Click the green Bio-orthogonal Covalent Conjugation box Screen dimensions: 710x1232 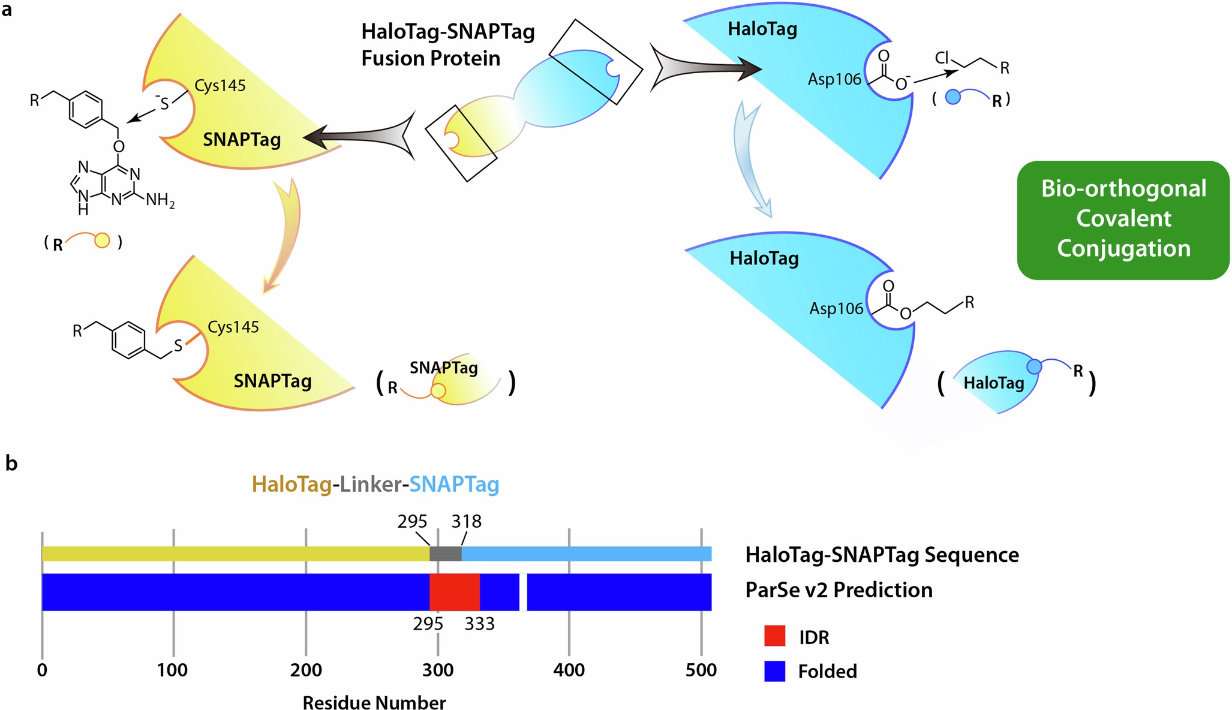(x=1123, y=219)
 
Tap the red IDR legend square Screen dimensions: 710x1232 (x=774, y=636)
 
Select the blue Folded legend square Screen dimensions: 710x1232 (x=774, y=671)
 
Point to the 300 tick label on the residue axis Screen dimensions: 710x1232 (x=437, y=670)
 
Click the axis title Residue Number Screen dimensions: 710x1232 (x=374, y=702)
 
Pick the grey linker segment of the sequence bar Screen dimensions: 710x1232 (x=446, y=554)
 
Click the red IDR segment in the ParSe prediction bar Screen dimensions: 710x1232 (x=455, y=592)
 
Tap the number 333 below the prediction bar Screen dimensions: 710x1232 (x=479, y=624)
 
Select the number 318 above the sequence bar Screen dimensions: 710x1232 (x=467, y=522)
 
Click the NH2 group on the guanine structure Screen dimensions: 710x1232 (x=160, y=200)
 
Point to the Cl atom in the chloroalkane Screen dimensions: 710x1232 (x=942, y=58)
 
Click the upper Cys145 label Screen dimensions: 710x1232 (x=220, y=86)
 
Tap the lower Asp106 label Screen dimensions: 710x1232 (x=836, y=309)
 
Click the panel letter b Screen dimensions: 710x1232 (x=11, y=463)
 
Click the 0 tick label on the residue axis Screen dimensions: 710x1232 (x=42, y=670)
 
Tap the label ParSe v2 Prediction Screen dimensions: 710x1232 (x=839, y=590)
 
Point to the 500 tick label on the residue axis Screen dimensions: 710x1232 (x=701, y=670)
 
